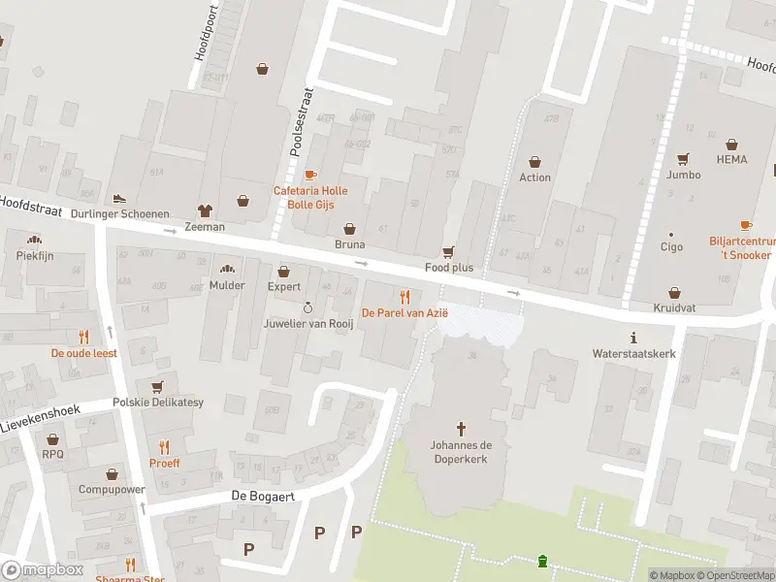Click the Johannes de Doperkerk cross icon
[461, 428]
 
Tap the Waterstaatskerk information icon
[633, 338]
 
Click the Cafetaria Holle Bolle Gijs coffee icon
[309, 175]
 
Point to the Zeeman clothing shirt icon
[204, 210]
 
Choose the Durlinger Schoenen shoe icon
[121, 198]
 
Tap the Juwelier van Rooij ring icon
[307, 307]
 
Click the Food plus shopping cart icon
[448, 250]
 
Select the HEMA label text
[732, 160]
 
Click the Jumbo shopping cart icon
[683, 158]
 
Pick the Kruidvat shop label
[675, 307]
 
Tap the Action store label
[534, 178]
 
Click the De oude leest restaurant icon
[84, 337]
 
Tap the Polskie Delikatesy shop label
[158, 402]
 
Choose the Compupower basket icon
[112, 473]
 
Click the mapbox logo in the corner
[43, 570]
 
